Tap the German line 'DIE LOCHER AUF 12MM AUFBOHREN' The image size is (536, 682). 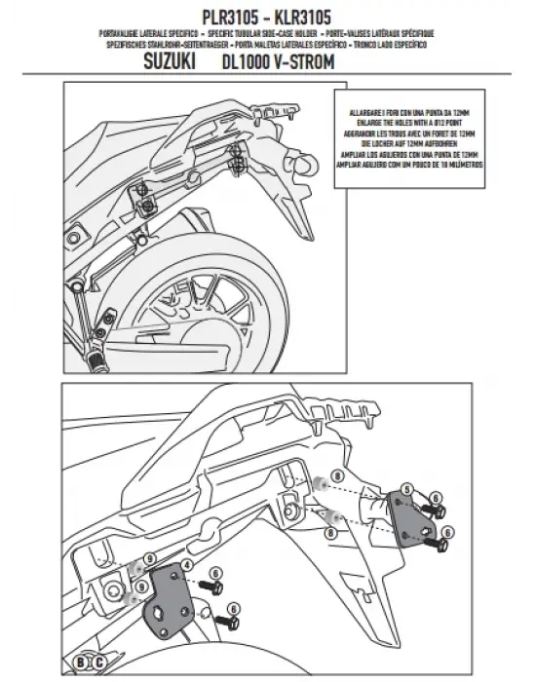tap(407, 141)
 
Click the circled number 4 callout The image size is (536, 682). tap(185, 563)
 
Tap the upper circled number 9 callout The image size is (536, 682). tap(149, 558)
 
